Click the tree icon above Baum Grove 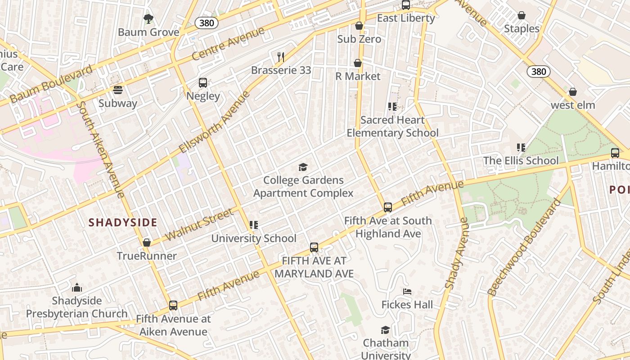tap(148, 19)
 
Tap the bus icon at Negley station tap(203, 83)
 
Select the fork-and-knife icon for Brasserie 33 tap(281, 57)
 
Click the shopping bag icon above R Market tap(358, 63)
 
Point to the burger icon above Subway tap(118, 90)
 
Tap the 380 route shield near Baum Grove tap(207, 23)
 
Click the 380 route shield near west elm tap(538, 71)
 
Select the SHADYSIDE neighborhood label tap(123, 222)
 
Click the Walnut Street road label tap(199, 224)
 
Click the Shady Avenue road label tap(457, 253)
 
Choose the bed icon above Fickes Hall tap(407, 292)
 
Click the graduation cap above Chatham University tap(385, 330)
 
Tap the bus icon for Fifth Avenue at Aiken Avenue tap(173, 306)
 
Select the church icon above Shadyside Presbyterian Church tap(77, 288)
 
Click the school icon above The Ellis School tap(521, 148)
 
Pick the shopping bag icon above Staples tap(522, 16)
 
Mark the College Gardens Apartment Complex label tap(303, 187)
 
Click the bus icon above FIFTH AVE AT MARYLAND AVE tap(314, 247)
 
